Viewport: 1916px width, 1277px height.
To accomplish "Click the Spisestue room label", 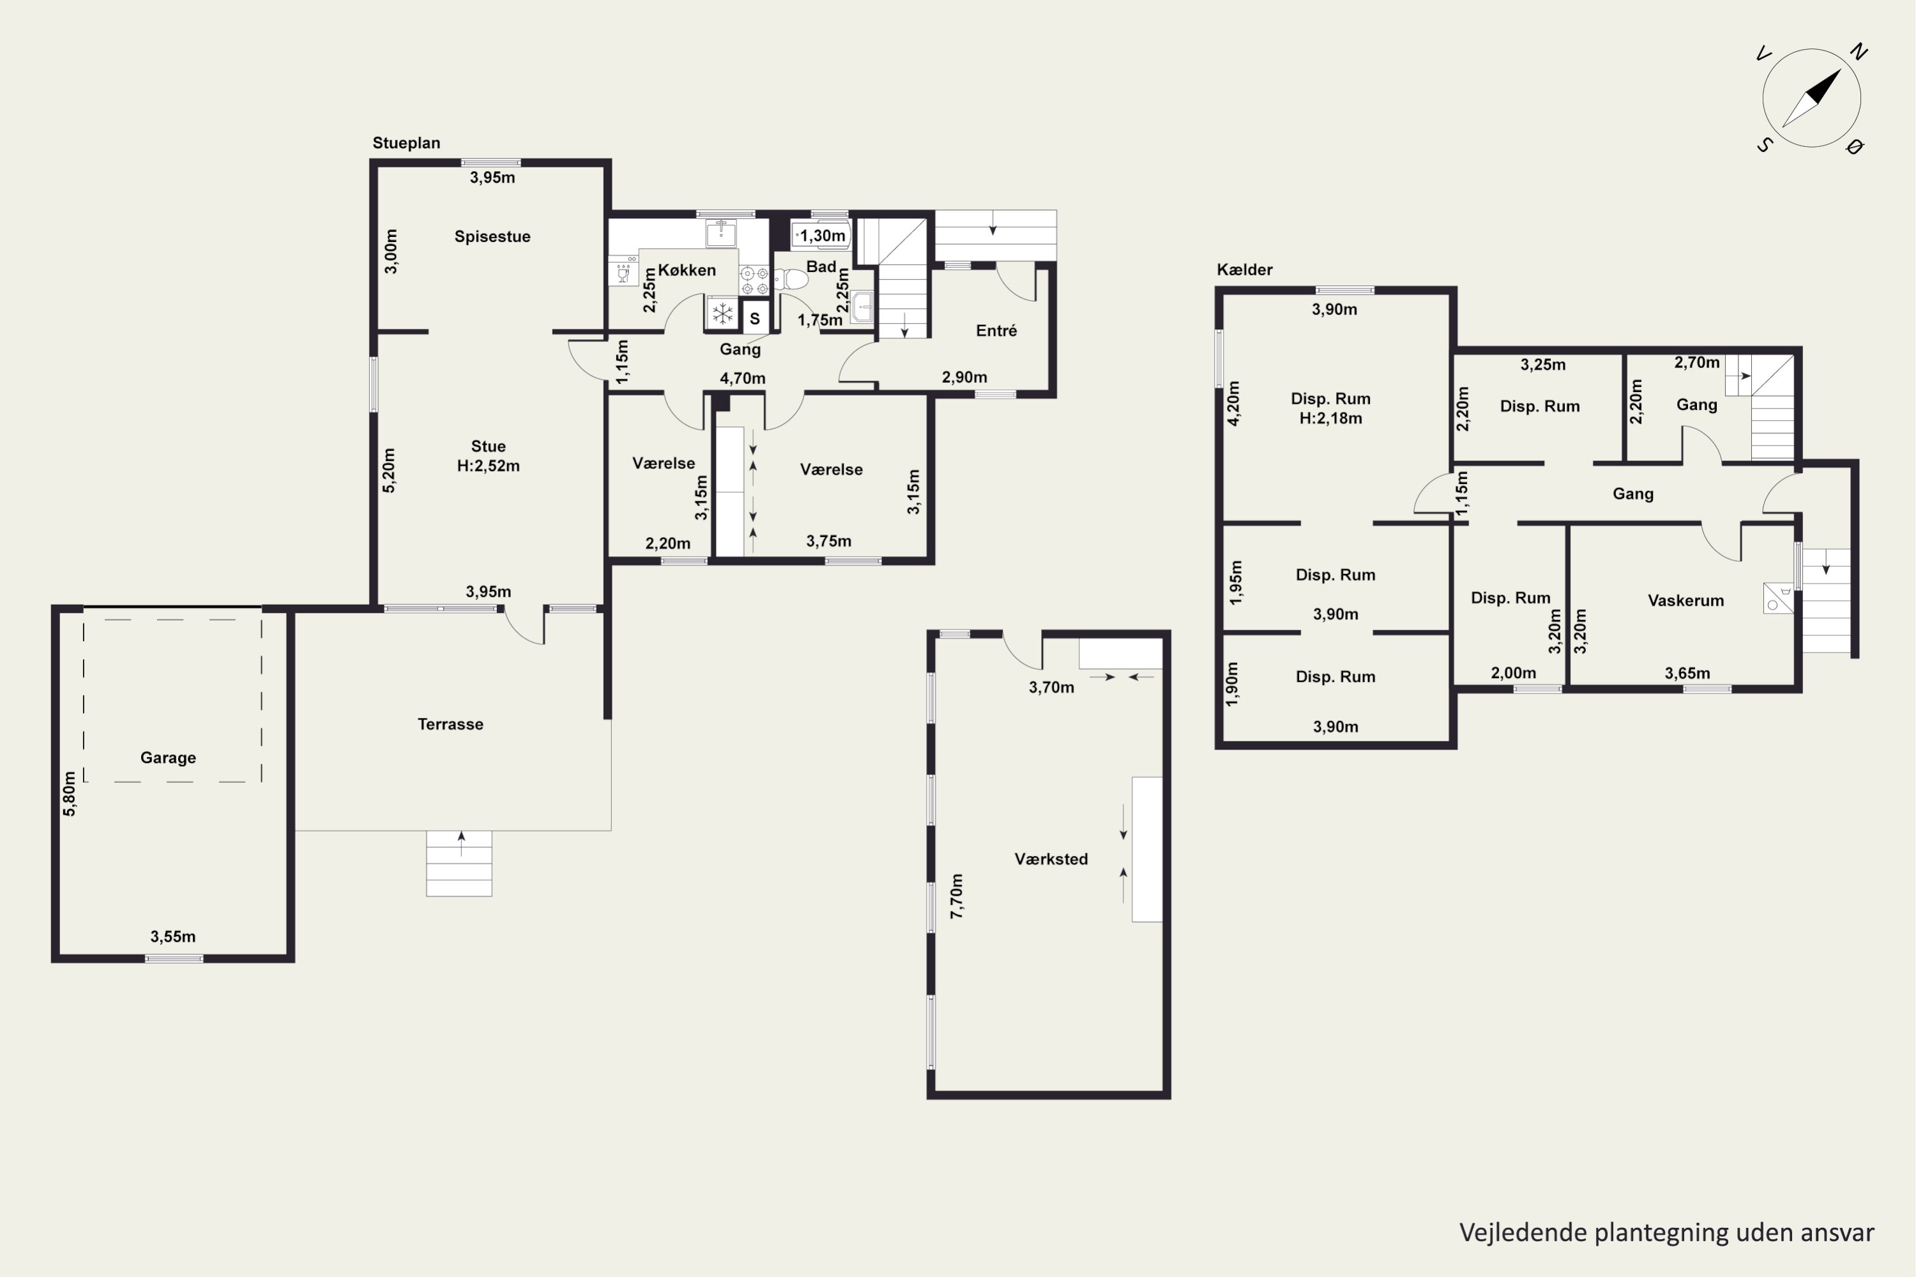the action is pyautogui.click(x=492, y=237).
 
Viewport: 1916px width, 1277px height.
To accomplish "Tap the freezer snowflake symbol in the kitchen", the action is pyautogui.click(x=722, y=314).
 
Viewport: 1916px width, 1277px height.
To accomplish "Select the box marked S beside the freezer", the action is pyautogui.click(x=755, y=317).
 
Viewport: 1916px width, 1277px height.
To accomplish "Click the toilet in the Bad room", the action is pyautogui.click(x=791, y=280).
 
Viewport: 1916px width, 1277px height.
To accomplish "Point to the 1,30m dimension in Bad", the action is pyautogui.click(x=822, y=236).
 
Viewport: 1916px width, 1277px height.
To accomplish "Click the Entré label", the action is pyautogui.click(x=996, y=331).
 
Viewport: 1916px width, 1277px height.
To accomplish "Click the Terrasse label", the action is pyautogui.click(x=450, y=724).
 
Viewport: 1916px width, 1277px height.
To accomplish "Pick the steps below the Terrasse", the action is pyautogui.click(x=459, y=863).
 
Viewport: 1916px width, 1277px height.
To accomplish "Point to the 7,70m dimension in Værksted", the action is pyautogui.click(x=957, y=896).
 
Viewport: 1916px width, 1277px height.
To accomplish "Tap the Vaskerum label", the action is pyautogui.click(x=1685, y=601).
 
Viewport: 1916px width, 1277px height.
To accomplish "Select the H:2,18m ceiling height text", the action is pyautogui.click(x=1330, y=419).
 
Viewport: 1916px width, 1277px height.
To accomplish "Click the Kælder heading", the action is pyautogui.click(x=1245, y=269).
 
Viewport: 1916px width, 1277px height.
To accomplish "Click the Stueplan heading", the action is pyautogui.click(x=406, y=142).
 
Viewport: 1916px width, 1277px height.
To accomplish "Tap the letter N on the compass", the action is pyautogui.click(x=1857, y=52).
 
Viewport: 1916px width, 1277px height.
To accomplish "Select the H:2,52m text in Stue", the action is pyautogui.click(x=488, y=466).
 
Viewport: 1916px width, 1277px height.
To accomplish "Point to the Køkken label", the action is pyautogui.click(x=687, y=270).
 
